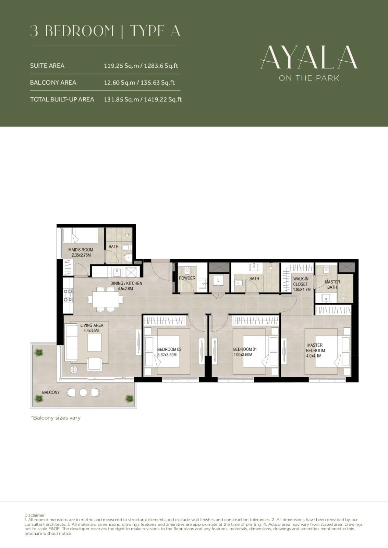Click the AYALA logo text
pos(309,57)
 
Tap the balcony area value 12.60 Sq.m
pos(120,83)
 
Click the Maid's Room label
pos(81,252)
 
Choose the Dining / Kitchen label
pos(126,286)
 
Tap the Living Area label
pos(92,328)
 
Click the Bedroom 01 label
pos(245,352)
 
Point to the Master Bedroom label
pos(315,350)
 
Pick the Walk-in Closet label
pos(302,284)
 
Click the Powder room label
pos(187,278)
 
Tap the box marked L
pos(218,280)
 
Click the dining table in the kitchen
pos(105,299)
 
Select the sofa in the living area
pos(71,342)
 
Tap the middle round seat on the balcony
pos(83,393)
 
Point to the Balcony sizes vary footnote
pos(56,418)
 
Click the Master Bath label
pos(332,285)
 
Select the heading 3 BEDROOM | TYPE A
pos(105,31)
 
